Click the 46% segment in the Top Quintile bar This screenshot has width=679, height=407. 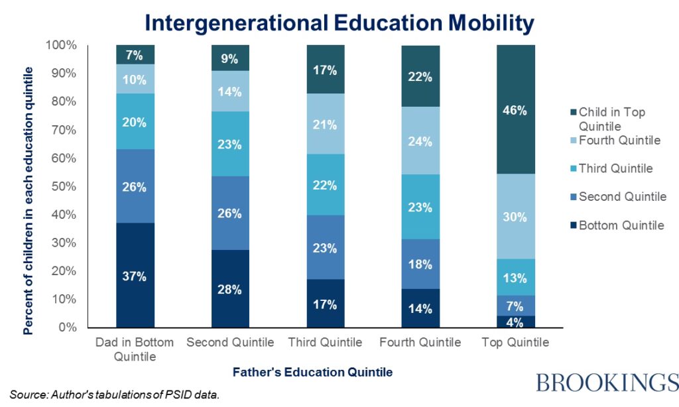(x=515, y=110)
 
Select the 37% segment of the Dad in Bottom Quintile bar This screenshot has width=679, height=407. (x=135, y=276)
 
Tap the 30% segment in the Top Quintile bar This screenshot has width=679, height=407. (x=515, y=217)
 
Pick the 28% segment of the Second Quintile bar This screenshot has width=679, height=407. (x=231, y=289)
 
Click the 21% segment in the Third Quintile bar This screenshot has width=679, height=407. (x=326, y=125)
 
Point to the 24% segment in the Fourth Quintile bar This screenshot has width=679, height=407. (x=420, y=141)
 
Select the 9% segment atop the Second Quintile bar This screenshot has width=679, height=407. (x=231, y=58)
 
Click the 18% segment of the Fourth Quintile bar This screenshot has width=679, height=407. (x=420, y=264)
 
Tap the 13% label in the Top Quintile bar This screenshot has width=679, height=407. (x=515, y=278)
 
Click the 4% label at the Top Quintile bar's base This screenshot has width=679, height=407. (x=515, y=321)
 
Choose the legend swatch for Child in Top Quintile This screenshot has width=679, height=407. (x=573, y=113)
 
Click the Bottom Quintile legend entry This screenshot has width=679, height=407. (x=621, y=225)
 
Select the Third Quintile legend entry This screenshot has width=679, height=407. (x=615, y=168)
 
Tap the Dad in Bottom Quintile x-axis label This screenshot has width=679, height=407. (x=135, y=349)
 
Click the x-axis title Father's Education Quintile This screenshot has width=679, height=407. (x=312, y=373)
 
